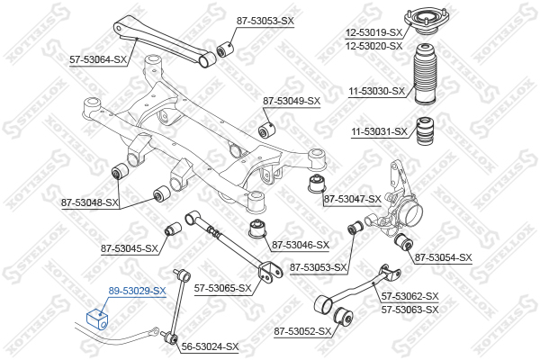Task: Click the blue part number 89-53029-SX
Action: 137,291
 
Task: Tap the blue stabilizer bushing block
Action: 97,319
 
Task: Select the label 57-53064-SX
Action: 98,59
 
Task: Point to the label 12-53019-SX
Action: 374,32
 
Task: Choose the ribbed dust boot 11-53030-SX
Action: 426,74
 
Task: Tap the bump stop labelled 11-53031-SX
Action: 425,131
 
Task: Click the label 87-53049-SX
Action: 292,101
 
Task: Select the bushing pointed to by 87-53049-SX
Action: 267,129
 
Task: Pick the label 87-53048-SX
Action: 90,202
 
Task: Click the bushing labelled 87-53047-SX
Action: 316,184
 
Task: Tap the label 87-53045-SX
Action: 130,248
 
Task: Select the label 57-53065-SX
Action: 223,288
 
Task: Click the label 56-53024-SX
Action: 210,346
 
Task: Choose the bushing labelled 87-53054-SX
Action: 403,242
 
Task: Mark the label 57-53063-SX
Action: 410,310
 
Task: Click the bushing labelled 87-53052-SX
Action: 343,317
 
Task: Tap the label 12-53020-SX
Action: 374,46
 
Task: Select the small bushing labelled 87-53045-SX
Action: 173,229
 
